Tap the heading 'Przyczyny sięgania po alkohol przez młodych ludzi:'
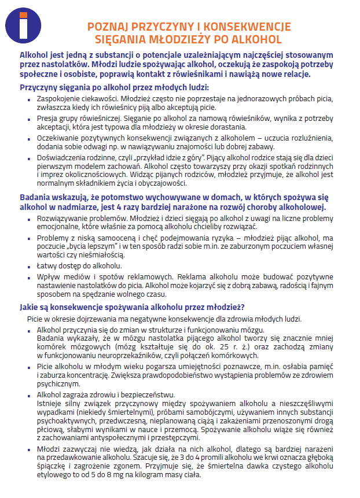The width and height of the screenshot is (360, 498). tap(113, 87)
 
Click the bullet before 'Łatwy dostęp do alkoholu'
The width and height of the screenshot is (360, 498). tap(30, 266)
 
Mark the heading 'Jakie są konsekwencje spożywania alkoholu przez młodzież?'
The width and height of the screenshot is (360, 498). tap(132, 307)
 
